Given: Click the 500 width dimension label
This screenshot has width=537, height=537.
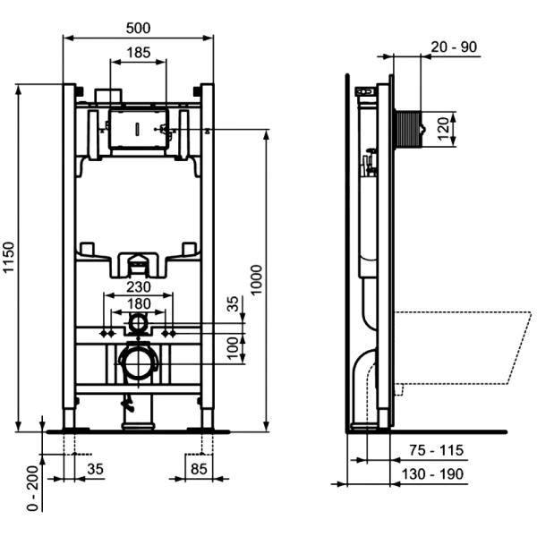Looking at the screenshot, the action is (x=138, y=28).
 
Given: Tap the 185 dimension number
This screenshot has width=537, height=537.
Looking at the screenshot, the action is (x=139, y=53).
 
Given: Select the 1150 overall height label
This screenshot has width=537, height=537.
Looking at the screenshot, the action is (x=9, y=257).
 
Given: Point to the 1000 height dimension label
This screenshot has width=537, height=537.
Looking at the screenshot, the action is (x=256, y=279).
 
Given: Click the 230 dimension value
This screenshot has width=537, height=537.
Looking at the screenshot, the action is (x=139, y=287).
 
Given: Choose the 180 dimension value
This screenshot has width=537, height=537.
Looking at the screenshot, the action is (x=139, y=303).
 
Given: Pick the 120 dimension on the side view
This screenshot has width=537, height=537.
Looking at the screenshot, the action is (x=443, y=129).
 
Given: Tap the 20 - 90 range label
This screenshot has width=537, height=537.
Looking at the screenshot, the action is (x=454, y=47).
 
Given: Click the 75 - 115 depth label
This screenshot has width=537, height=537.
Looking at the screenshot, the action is (x=437, y=450).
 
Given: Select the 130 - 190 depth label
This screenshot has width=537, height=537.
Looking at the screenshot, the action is (x=432, y=474).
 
